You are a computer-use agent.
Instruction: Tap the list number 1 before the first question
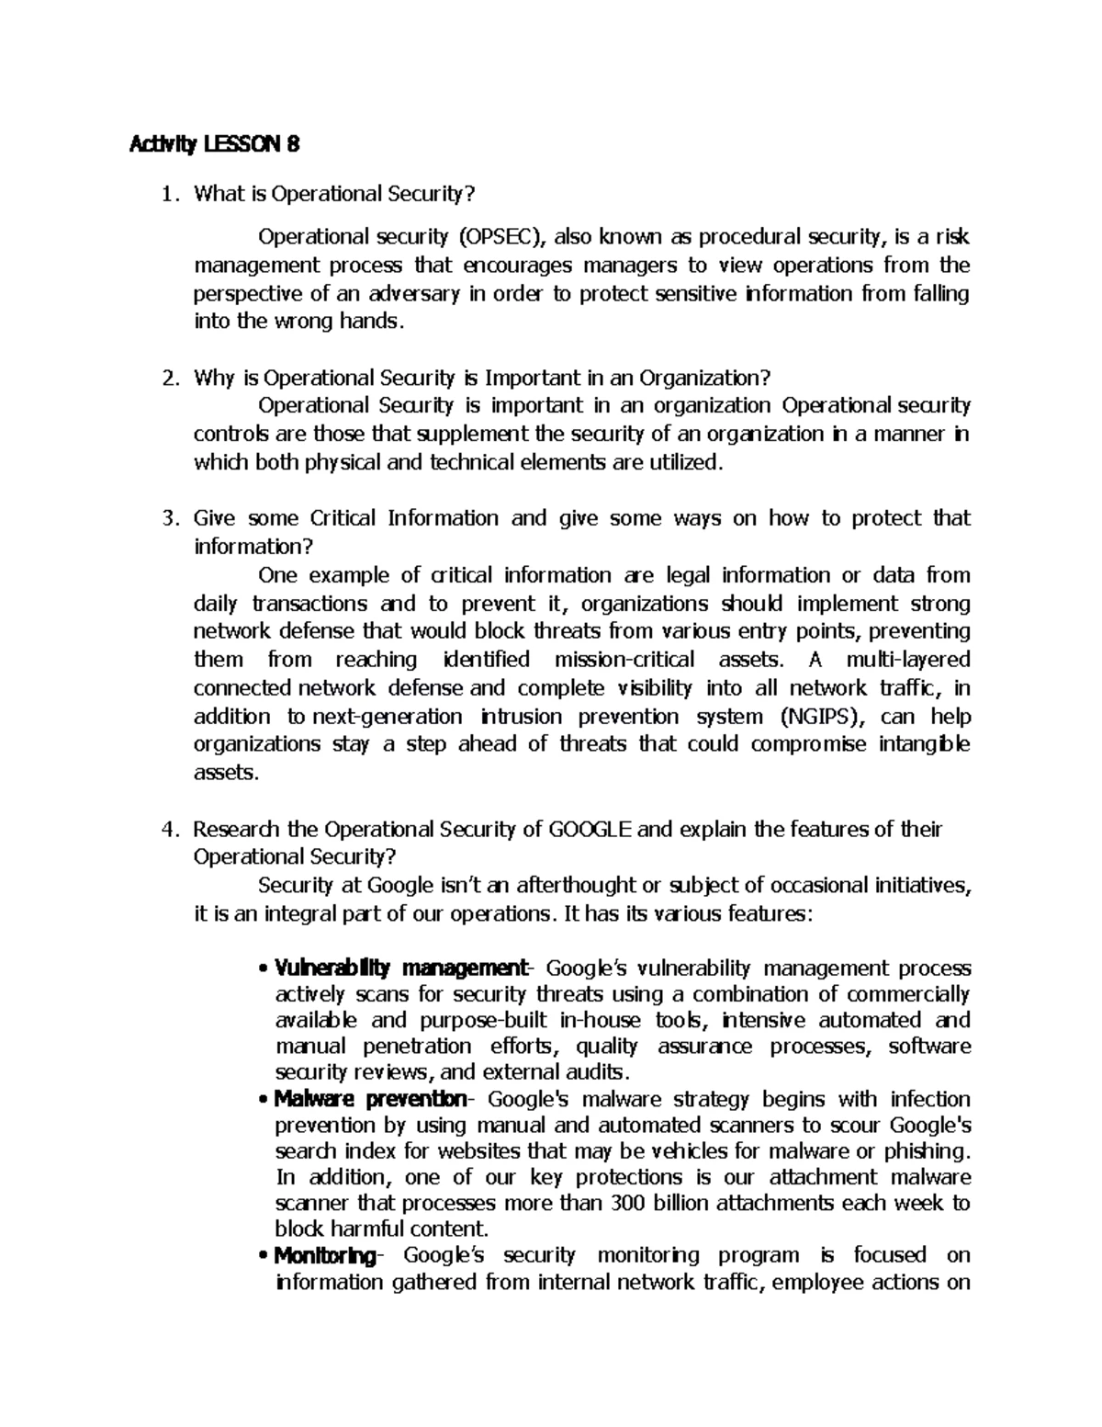[x=166, y=194]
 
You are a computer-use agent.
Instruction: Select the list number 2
[x=166, y=378]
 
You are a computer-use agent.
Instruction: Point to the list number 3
[x=166, y=518]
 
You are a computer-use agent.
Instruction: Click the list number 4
[x=166, y=830]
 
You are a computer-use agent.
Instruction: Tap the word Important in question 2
[x=530, y=378]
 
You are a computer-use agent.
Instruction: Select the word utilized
[x=679, y=462]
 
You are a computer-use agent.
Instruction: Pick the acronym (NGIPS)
[x=818, y=716]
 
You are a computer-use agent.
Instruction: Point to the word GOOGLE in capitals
[x=590, y=830]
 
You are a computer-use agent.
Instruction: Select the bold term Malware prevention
[x=371, y=1099]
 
